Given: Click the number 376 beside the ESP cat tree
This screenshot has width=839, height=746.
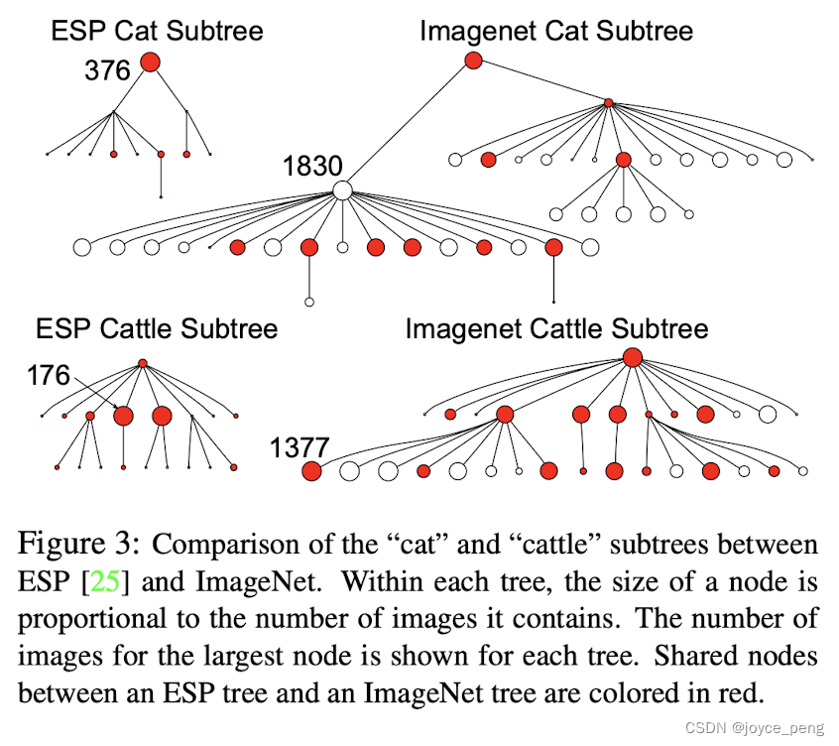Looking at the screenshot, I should [x=108, y=70].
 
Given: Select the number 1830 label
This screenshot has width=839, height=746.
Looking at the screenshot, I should [x=312, y=166].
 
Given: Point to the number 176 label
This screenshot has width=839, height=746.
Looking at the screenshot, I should [x=49, y=375].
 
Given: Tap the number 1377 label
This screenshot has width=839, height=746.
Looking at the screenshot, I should [x=299, y=448].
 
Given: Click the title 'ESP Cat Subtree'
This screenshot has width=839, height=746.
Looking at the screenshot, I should [x=158, y=31].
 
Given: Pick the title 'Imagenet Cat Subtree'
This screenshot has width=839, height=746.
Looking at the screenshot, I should [x=556, y=31].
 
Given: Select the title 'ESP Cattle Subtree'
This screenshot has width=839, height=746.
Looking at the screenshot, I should [x=157, y=328].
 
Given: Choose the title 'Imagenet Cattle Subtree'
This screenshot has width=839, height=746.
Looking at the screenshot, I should [x=556, y=328].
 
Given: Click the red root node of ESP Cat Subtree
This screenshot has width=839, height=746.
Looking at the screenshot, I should [x=150, y=62].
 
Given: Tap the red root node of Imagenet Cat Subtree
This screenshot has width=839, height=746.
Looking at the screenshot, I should [x=473, y=61].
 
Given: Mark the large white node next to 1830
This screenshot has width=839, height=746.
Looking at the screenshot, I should [x=343, y=189].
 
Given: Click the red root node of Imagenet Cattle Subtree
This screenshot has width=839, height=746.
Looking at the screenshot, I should [x=633, y=357].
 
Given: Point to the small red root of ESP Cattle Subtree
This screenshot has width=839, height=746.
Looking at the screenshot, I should [x=143, y=363].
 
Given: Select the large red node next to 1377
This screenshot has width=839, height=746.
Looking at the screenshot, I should [x=312, y=472].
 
